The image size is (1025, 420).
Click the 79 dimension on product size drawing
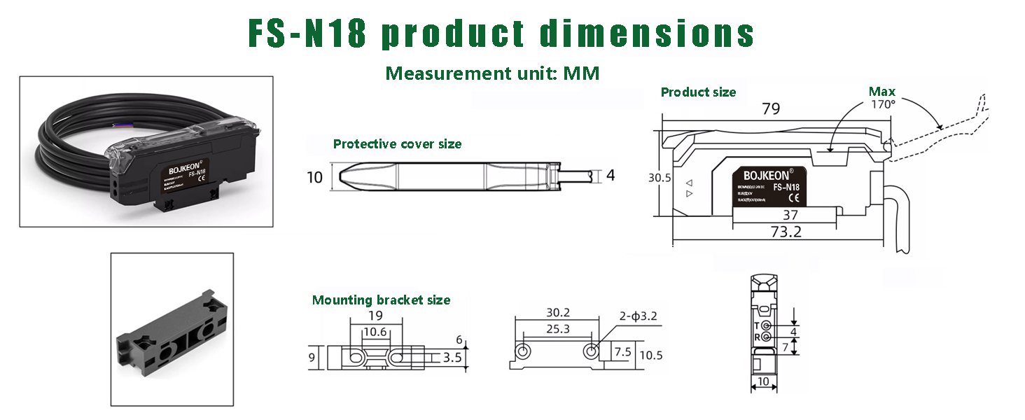tap(771, 109)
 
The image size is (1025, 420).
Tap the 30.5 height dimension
tap(659, 178)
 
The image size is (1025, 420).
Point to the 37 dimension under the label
tap(790, 216)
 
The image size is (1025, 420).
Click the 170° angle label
tap(883, 104)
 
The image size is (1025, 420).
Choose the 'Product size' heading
tap(698, 92)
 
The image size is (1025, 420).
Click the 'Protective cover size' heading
tap(397, 144)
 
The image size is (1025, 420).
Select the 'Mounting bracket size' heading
tap(381, 300)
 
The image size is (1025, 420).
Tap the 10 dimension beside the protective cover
tap(315, 178)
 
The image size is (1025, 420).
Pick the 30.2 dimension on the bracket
tap(557, 313)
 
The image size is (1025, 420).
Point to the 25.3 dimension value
tap(557, 328)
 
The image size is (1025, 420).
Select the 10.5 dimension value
tap(650, 355)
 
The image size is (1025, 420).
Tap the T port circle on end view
tap(767, 326)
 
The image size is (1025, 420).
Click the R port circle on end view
tap(767, 337)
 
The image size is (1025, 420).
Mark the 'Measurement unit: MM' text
tap(492, 73)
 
